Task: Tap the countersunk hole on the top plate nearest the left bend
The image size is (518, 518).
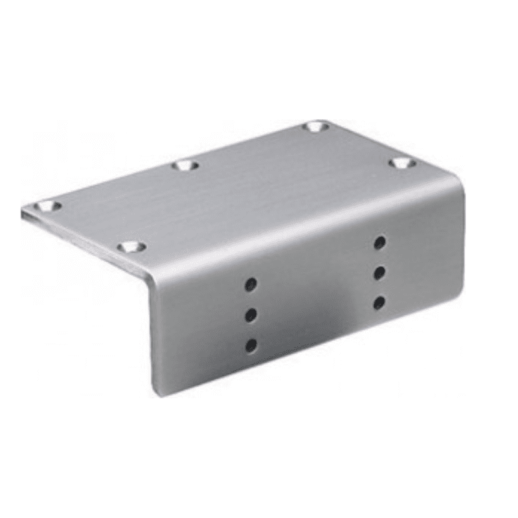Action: click(x=131, y=247)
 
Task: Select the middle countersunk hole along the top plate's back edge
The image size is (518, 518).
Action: click(x=186, y=166)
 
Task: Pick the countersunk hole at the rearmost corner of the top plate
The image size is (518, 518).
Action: click(x=316, y=126)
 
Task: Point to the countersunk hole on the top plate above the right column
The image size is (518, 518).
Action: click(x=402, y=163)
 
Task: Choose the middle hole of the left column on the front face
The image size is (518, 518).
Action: click(x=251, y=315)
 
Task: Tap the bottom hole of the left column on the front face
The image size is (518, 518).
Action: click(x=251, y=345)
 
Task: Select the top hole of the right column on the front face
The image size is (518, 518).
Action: click(x=380, y=243)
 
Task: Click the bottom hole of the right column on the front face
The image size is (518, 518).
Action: click(x=380, y=302)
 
